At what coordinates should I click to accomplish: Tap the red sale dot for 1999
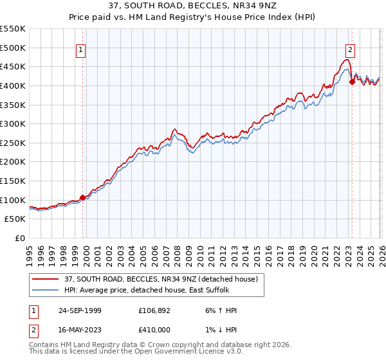[82, 197]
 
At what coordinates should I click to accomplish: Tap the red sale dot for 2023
[352, 82]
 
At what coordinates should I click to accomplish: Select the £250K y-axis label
[13, 143]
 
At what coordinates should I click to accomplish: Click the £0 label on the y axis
[20, 238]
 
